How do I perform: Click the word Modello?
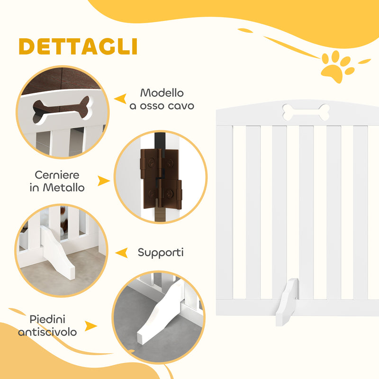[x=162, y=93]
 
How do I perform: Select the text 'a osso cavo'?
[x=162, y=106]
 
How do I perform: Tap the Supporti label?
[x=160, y=253]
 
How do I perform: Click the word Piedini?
[x=47, y=319]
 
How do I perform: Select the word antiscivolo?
[x=47, y=332]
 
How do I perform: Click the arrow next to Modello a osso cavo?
[x=121, y=99]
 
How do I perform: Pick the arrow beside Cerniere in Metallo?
[x=103, y=181]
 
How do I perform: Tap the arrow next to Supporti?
[x=122, y=253]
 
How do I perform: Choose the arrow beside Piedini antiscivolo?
[x=91, y=326]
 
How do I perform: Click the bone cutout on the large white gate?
[x=306, y=112]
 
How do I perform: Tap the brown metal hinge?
[x=161, y=178]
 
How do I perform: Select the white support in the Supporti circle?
[x=57, y=253]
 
